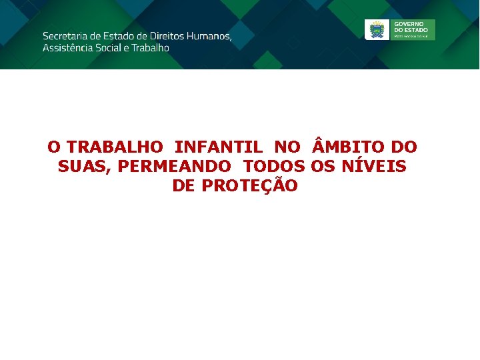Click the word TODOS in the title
click(x=274, y=166)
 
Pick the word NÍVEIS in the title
click(x=373, y=166)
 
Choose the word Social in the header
click(x=113, y=48)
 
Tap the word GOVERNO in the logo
click(x=409, y=23)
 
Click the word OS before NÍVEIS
click(x=323, y=166)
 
